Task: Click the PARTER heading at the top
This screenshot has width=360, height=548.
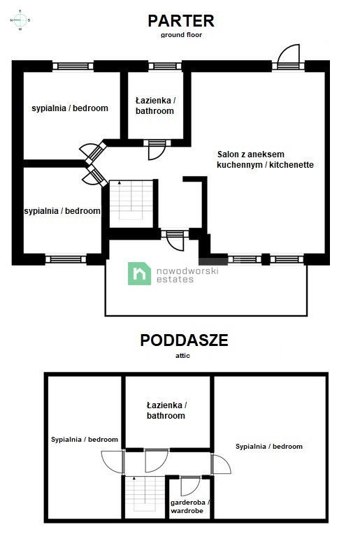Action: coord(180,20)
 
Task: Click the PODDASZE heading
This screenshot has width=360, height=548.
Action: coord(184,340)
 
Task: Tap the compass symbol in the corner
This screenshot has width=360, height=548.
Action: coord(20,21)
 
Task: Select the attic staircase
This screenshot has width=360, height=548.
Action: coord(143,497)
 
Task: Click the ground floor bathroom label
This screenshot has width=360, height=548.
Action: coord(154,106)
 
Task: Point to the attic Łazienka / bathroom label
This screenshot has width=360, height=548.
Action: coord(166,410)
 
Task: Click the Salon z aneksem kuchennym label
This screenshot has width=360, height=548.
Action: coord(264,160)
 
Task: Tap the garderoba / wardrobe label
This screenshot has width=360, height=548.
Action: coord(190,507)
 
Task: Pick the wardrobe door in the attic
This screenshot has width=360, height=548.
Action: coord(190,484)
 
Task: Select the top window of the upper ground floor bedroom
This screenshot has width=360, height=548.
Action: coord(73,66)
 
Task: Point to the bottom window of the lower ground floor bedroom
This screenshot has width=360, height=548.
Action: coord(66,259)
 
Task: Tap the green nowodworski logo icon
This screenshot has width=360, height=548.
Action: coord(139,273)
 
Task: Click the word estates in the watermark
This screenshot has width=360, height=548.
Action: coord(174,280)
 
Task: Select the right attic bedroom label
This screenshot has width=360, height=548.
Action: coord(269,446)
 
